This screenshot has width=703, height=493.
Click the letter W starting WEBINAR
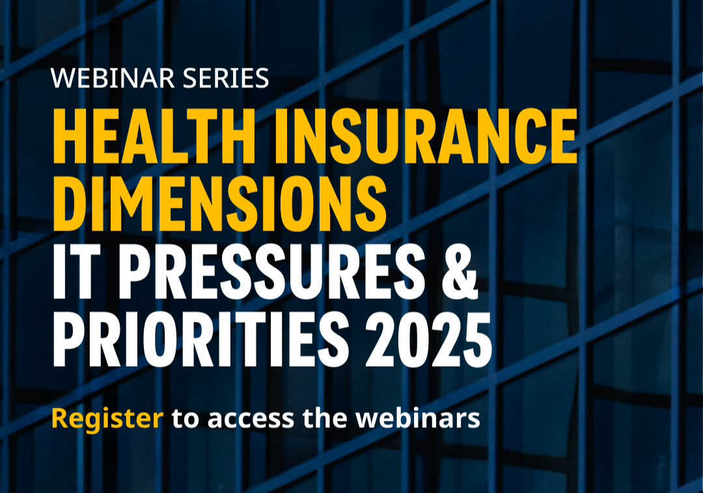(x=62, y=78)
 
